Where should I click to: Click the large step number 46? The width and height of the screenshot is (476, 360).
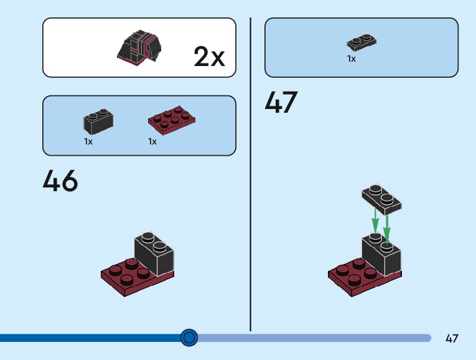60,181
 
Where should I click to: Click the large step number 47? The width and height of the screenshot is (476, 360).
281,102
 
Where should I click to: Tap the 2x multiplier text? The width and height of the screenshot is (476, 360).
209,57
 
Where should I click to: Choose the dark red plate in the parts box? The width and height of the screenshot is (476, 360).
171,120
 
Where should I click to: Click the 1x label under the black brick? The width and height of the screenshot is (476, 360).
88,142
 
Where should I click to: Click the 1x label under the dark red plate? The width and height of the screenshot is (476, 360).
152,142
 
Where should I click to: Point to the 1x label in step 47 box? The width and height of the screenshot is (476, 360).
352,59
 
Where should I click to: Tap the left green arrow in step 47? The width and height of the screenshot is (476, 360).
375,221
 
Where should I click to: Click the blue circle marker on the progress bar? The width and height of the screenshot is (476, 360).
189,338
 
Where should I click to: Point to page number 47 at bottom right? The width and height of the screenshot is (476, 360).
452,339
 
